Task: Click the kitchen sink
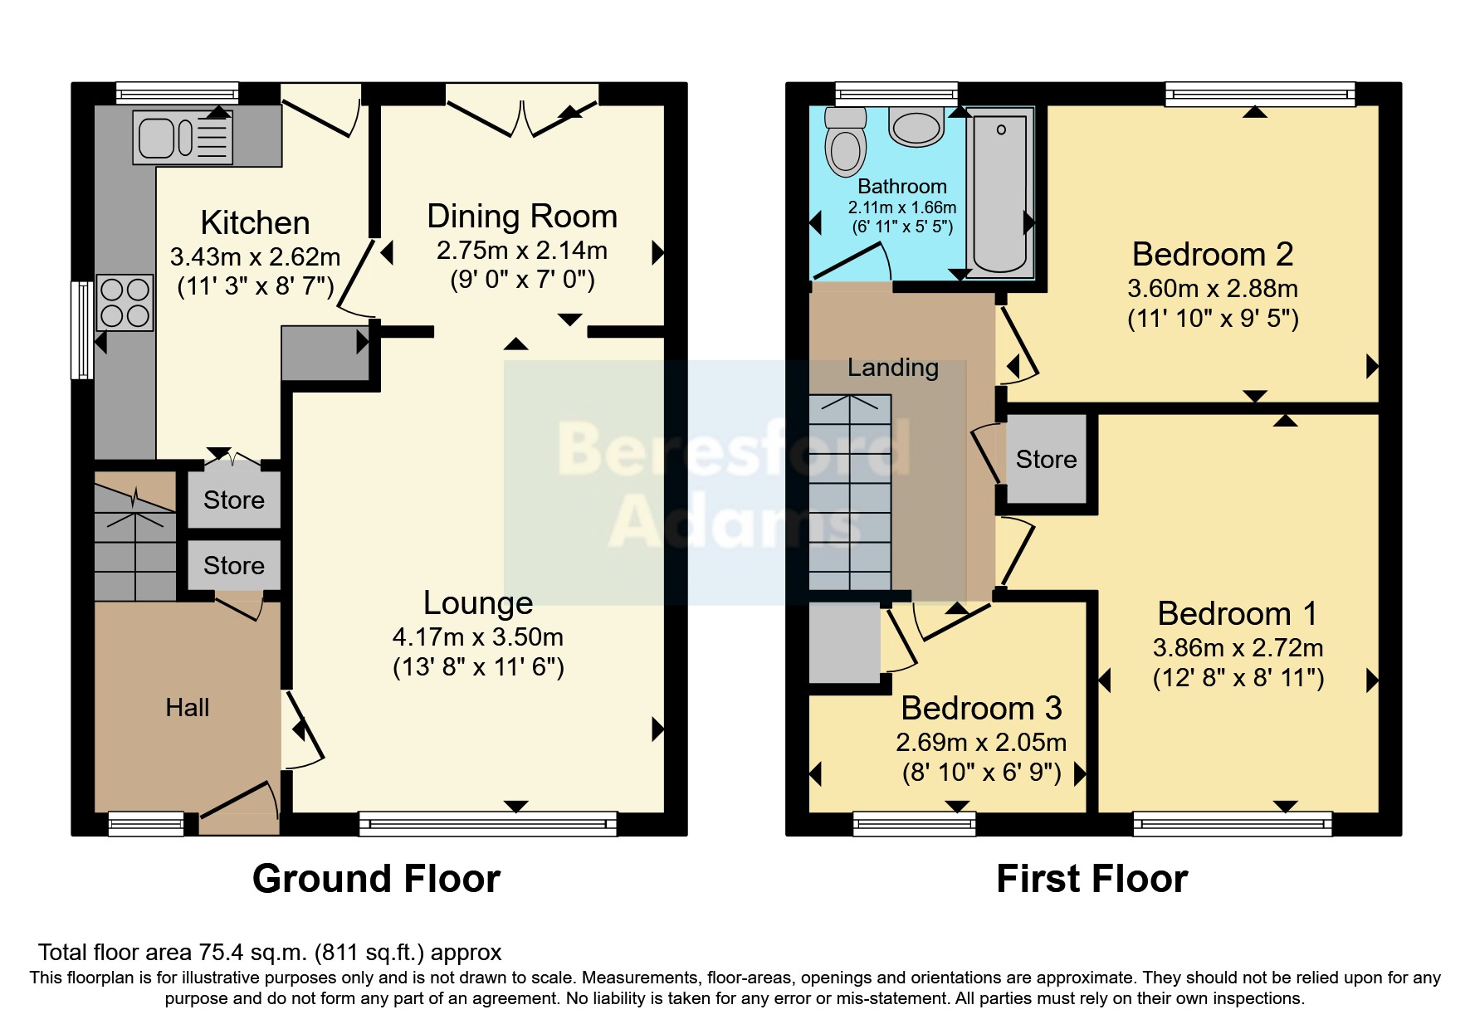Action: [183, 138]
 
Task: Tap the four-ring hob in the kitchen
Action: [125, 303]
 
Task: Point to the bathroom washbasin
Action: [916, 126]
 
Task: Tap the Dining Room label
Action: [522, 217]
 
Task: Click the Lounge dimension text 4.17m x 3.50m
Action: [478, 637]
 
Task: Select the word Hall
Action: [188, 708]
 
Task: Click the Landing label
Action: [893, 368]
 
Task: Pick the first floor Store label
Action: [1046, 460]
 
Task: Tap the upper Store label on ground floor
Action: [234, 500]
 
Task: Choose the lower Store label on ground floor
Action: [234, 566]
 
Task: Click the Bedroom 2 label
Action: [1213, 255]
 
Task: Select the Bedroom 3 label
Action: [981, 709]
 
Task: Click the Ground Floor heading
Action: [376, 879]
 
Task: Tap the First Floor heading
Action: [1092, 879]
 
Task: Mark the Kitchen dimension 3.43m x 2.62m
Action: [255, 257]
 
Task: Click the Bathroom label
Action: [902, 187]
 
